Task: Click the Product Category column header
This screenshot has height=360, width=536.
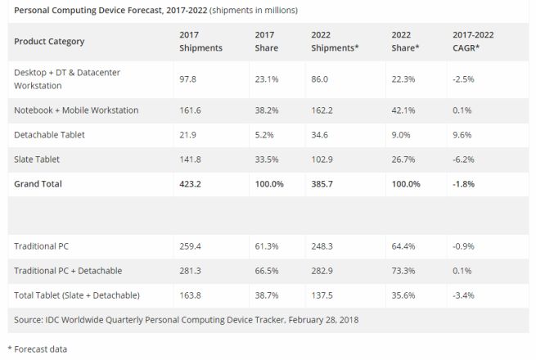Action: click(49, 42)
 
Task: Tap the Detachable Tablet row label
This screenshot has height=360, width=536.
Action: click(49, 134)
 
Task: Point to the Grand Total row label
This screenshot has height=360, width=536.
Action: click(38, 184)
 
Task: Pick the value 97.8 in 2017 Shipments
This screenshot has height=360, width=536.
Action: click(189, 79)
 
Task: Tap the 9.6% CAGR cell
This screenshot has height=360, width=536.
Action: click(464, 134)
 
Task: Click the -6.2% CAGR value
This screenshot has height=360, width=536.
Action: click(465, 160)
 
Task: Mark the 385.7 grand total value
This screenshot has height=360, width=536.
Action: click(323, 184)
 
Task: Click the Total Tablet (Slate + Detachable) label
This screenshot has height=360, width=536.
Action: click(77, 295)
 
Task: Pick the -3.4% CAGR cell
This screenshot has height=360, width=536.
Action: click(465, 295)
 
